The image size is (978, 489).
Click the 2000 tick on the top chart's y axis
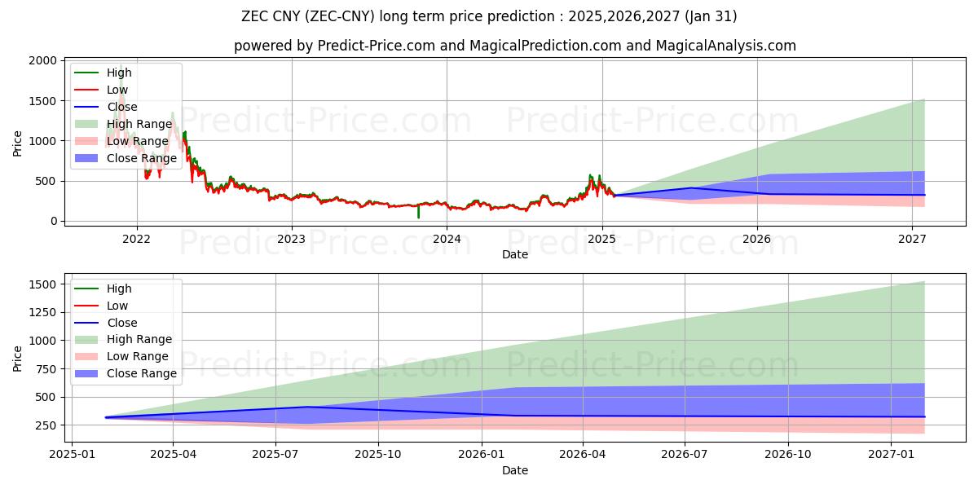43,61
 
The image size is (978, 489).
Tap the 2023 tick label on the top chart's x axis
291,239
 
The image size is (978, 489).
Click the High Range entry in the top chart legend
139,124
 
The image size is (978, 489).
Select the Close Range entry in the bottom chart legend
142,373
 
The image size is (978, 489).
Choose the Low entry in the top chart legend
117,90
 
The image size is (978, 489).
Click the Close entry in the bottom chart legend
122,323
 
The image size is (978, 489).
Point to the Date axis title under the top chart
514,254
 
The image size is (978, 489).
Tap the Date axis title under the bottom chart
514,470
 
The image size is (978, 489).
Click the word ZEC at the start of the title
254,16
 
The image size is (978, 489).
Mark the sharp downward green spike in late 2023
419,214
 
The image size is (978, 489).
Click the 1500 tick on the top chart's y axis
43,101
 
